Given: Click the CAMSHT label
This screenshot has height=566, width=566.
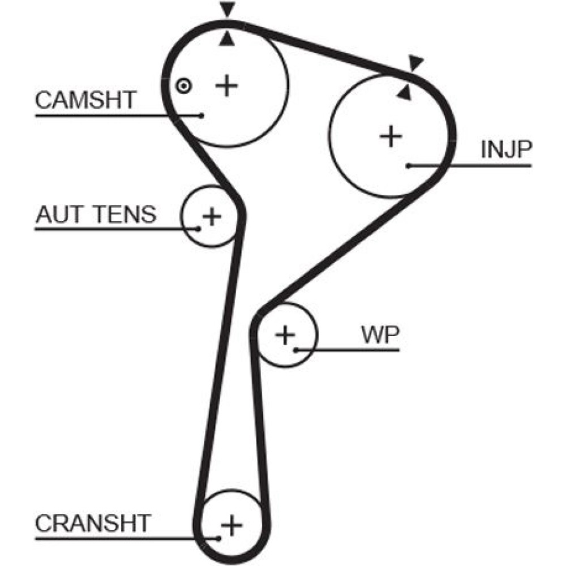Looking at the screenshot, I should (85, 100).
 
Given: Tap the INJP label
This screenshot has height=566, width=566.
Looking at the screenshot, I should (505, 149).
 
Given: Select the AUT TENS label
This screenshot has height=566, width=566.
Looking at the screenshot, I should (95, 215).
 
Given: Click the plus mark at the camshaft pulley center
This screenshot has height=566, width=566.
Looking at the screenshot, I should (226, 85).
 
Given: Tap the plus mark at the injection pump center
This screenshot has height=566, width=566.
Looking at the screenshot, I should (390, 136).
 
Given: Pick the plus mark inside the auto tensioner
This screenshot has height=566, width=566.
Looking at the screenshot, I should (212, 216).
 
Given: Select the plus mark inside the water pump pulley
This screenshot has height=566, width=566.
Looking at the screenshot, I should (285, 335).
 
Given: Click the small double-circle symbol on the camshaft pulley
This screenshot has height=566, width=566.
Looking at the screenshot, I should (183, 86).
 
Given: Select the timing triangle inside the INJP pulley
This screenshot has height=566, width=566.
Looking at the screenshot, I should (404, 93).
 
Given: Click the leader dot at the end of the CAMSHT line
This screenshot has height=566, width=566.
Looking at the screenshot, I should (201, 115).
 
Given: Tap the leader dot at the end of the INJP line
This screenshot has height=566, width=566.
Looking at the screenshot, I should (408, 166).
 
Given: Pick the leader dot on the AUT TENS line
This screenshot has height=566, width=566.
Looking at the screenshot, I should (198, 229).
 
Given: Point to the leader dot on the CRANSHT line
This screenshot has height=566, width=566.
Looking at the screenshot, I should (218, 538).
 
